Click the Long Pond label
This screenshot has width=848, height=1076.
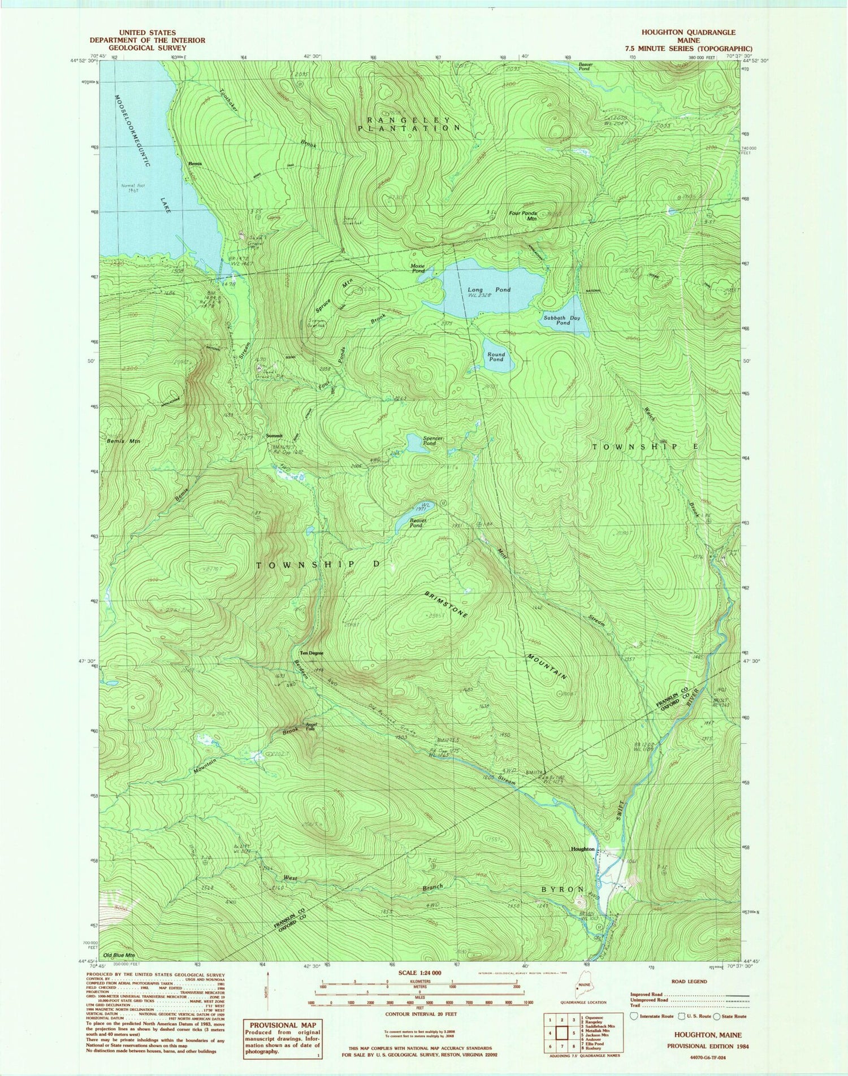488,290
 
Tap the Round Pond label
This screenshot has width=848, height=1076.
496,357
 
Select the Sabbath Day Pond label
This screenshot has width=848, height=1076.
561,320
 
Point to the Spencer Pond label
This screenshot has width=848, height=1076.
433,441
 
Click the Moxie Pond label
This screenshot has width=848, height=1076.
418,268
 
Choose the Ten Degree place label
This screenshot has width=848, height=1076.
311,653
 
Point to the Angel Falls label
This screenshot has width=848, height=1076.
310,727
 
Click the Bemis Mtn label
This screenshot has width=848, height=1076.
123,440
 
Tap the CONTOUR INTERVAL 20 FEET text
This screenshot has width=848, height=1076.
419,1014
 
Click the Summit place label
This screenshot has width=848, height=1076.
274,436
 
